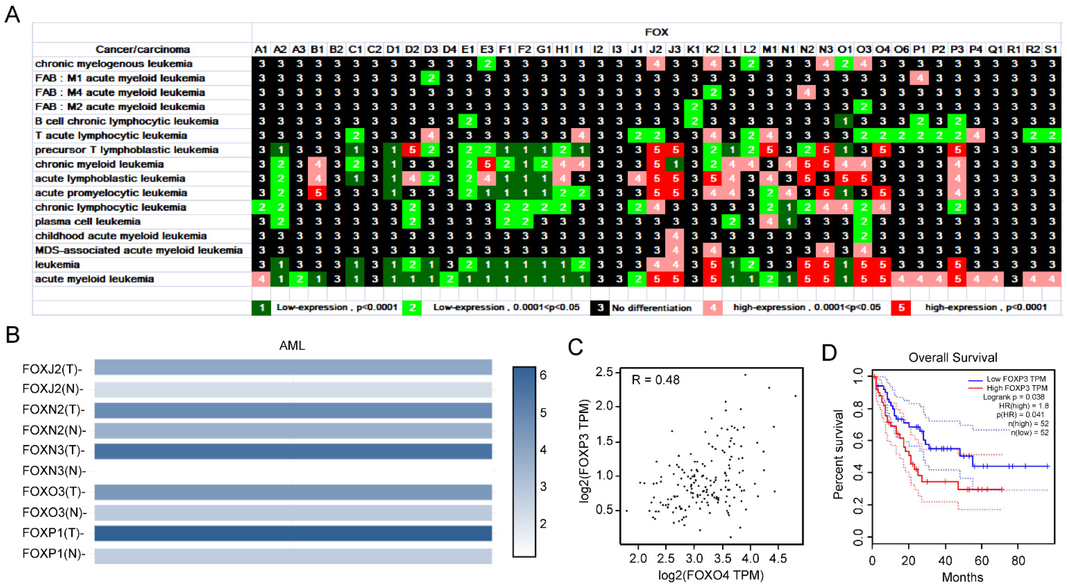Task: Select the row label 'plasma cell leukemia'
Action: pyautogui.click(x=87, y=222)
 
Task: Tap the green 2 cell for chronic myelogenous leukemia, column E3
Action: pyautogui.click(x=487, y=64)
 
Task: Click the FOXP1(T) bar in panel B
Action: pyautogui.click(x=293, y=533)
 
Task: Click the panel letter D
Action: pyautogui.click(x=829, y=353)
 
